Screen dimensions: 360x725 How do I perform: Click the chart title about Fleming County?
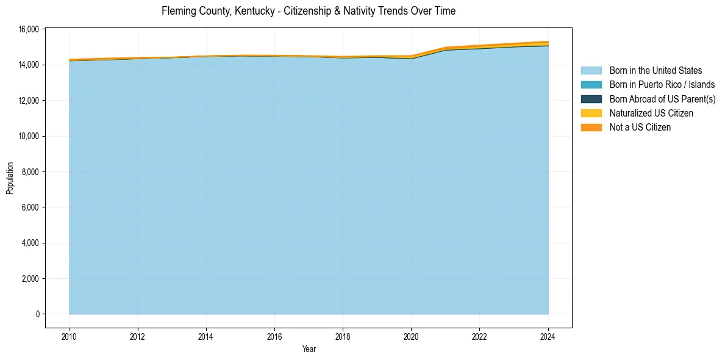click(309, 11)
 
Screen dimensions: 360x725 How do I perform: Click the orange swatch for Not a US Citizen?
click(591, 128)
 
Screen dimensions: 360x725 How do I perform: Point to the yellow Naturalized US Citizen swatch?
click(591, 113)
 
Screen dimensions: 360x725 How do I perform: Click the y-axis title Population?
click(10, 178)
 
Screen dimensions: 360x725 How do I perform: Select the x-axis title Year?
click(309, 349)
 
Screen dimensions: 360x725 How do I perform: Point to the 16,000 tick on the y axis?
click(29, 29)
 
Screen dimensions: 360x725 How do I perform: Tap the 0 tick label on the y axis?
click(38, 314)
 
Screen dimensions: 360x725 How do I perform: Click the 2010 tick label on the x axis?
click(70, 336)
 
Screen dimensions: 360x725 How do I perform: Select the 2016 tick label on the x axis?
click(274, 336)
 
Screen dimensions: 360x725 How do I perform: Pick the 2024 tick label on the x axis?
click(548, 336)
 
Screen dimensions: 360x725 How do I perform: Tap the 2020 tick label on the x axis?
click(411, 336)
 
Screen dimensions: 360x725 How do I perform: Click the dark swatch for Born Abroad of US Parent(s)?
click(591, 99)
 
